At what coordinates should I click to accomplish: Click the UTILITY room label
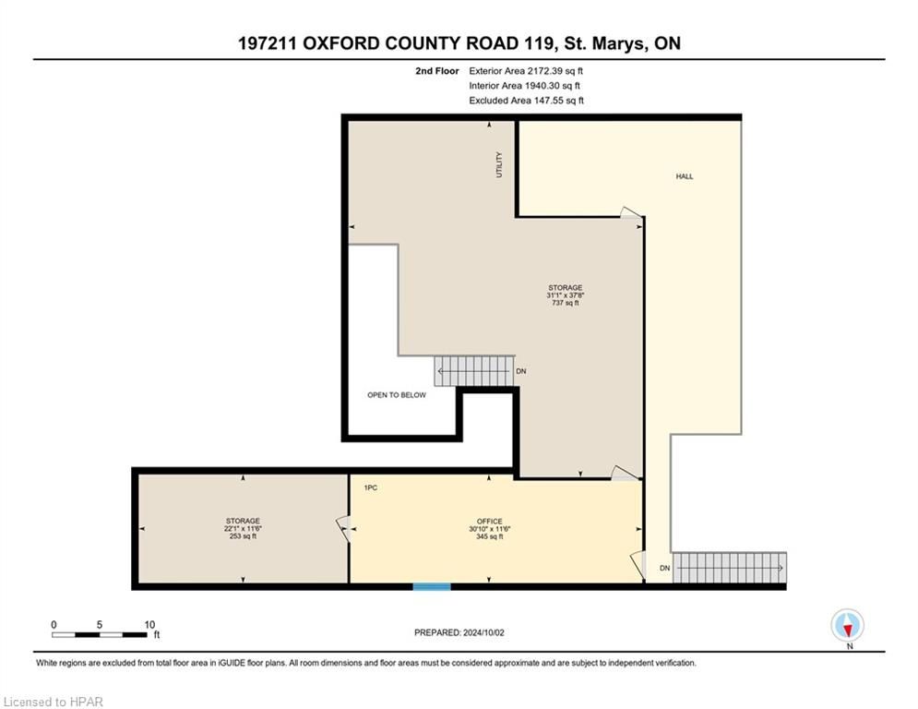[x=499, y=164]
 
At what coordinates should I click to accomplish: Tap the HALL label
[x=685, y=175]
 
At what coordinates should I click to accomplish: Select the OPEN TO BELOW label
[x=397, y=395]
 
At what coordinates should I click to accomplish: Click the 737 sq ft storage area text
[x=565, y=303]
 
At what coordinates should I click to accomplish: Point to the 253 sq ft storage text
[x=243, y=535]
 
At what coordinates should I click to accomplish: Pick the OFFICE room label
[x=489, y=521]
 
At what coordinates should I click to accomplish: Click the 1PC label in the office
[x=371, y=487]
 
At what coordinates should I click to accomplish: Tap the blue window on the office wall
[x=432, y=586]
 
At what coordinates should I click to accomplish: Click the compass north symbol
[x=847, y=626]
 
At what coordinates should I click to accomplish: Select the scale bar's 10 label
[x=149, y=625]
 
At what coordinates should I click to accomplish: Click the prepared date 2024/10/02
[x=483, y=632]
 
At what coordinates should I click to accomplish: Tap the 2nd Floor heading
[x=436, y=71]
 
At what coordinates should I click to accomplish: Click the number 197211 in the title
[x=267, y=43]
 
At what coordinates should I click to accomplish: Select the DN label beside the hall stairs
[x=664, y=568]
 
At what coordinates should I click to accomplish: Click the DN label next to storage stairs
[x=521, y=371]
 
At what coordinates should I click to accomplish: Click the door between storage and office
[x=343, y=528]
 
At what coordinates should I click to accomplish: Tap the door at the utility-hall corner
[x=631, y=212]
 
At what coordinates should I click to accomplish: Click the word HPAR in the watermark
[x=86, y=702]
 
